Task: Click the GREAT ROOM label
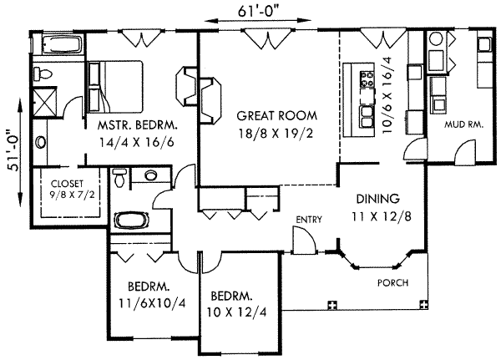[x=276, y=115]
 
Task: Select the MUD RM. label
[x=463, y=124]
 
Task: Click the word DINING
[x=378, y=199]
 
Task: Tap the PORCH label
[x=392, y=282]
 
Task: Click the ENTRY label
[x=309, y=220]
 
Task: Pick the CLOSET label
[x=67, y=184]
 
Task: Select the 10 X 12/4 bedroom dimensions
[x=237, y=312]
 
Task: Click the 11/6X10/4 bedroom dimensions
[x=152, y=302]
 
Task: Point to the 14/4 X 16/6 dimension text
[x=136, y=142]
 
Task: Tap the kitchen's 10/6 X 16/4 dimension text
[x=386, y=95]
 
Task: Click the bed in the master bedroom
[x=115, y=87]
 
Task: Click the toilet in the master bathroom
[x=43, y=74]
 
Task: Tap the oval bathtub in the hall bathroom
[x=132, y=221]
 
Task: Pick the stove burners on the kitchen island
[x=367, y=79]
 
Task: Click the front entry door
[x=305, y=241]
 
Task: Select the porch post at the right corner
[x=423, y=304]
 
